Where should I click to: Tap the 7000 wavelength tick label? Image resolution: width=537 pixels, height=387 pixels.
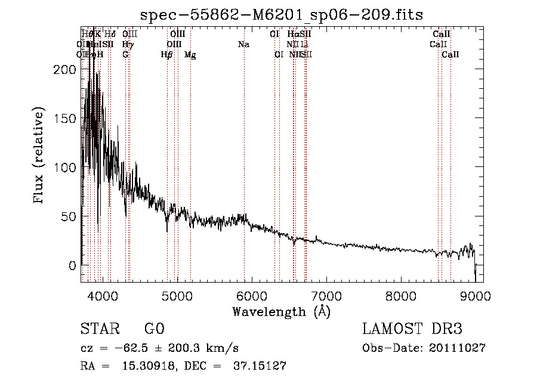(326, 296)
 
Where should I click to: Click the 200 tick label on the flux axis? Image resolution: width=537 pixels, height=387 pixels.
(63, 69)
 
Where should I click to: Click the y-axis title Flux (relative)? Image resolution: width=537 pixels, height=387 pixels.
(39, 156)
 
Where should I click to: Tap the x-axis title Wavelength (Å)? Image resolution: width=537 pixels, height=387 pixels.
(281, 311)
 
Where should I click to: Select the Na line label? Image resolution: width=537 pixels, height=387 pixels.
(243, 44)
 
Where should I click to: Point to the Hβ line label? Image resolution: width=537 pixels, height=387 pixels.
(167, 54)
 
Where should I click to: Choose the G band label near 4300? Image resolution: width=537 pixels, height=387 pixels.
(125, 54)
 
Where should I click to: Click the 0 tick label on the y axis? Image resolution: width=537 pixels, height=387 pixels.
(73, 265)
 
